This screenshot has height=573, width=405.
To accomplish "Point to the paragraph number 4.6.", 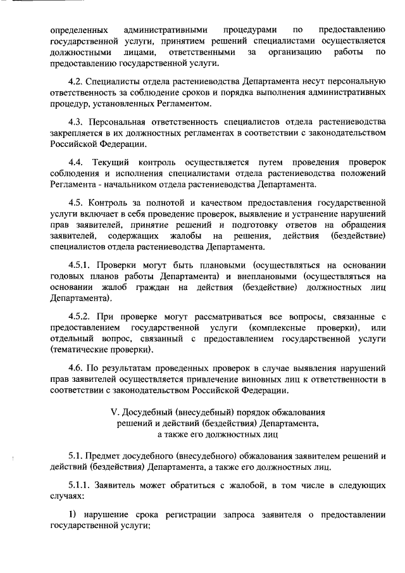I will tap(75, 368).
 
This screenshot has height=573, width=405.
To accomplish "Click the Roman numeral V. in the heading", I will tap(115, 414).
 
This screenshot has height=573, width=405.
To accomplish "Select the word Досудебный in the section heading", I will tap(150, 414).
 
